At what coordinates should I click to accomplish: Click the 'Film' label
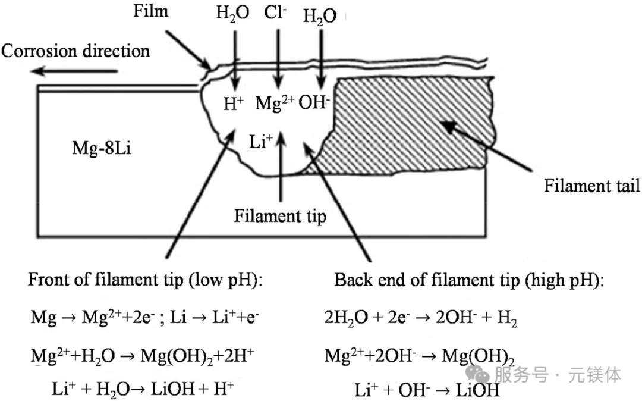point(150,11)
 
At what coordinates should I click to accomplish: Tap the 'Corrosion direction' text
point(75,51)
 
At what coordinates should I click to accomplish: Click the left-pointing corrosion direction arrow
point(74,71)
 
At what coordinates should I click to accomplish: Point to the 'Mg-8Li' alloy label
point(102,148)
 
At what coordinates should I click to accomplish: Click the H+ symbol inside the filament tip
point(234,104)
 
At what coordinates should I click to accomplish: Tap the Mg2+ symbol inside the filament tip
point(275,103)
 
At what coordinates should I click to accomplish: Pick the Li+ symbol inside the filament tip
point(261,142)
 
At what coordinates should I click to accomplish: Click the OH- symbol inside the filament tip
point(314,102)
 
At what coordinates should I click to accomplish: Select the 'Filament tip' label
point(280,216)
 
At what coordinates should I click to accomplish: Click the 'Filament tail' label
point(591,186)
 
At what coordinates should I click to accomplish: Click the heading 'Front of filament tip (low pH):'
point(145,280)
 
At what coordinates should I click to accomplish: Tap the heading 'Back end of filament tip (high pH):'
point(469,280)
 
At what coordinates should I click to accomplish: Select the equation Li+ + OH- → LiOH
point(427,390)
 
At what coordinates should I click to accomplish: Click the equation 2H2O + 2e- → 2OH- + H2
point(420,318)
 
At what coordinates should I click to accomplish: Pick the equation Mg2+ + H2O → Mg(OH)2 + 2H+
point(142,356)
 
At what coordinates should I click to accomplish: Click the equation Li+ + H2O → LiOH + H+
point(143,389)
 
